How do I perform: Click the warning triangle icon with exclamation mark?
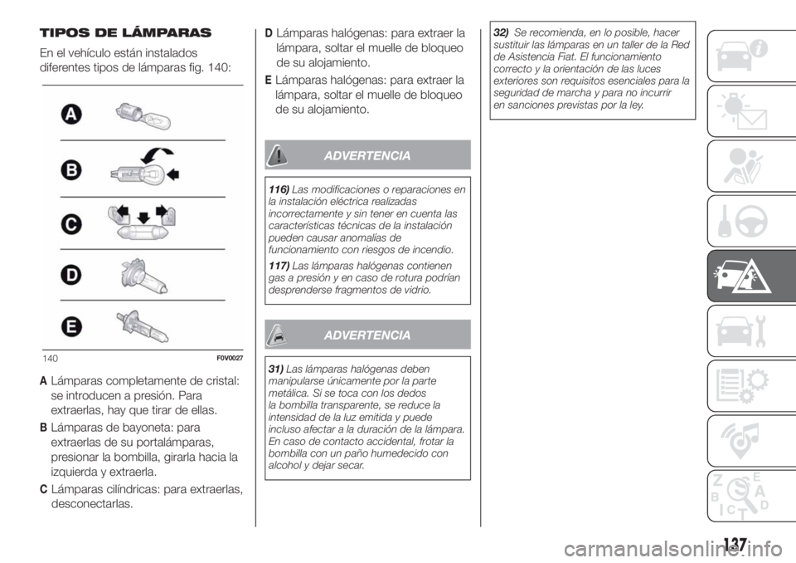coord(279,154)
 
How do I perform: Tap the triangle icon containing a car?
coord(279,334)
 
